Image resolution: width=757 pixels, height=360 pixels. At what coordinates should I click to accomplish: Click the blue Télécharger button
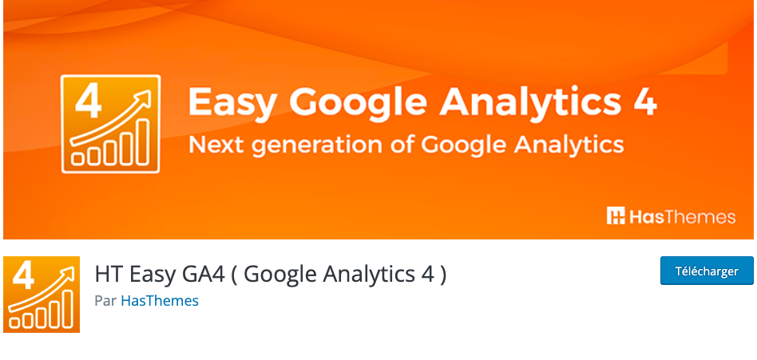tap(707, 271)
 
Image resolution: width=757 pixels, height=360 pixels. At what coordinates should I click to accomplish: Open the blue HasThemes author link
tap(160, 301)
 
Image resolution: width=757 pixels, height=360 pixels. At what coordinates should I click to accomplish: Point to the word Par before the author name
tap(105, 301)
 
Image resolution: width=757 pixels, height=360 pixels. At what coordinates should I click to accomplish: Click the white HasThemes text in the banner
tap(682, 216)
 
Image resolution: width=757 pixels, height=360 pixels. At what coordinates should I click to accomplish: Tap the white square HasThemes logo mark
tap(616, 216)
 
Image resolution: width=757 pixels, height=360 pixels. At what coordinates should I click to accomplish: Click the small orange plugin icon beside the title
tap(42, 294)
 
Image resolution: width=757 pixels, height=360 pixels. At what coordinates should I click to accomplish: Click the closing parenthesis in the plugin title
tap(442, 274)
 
